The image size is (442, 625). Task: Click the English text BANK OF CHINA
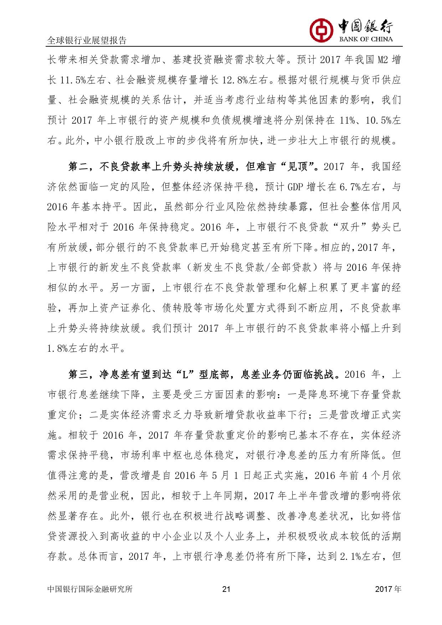pyautogui.click(x=366, y=39)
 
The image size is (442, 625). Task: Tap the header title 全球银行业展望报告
pyautogui.click(x=87, y=41)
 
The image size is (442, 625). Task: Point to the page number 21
pyautogui.click(x=226, y=589)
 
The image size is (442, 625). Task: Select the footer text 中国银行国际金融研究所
pyautogui.click(x=90, y=589)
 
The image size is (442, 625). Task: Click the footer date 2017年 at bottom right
pyautogui.click(x=388, y=589)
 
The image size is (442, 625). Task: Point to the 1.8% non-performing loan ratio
pyautogui.click(x=57, y=348)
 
